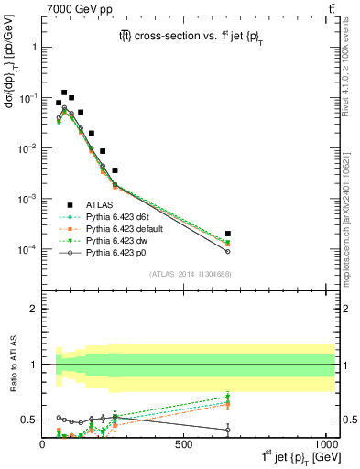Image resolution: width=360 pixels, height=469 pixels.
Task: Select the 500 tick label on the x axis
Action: [184, 443]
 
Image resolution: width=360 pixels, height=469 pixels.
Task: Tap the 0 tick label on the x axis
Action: [43, 443]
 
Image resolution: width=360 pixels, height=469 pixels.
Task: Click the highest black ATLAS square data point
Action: [64, 93]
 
